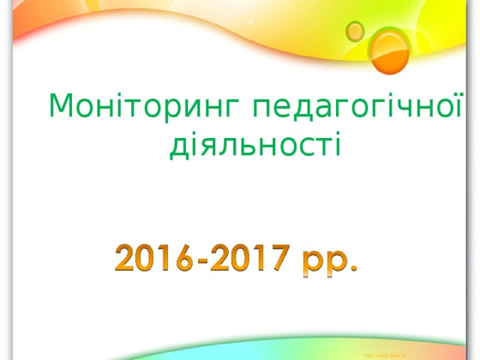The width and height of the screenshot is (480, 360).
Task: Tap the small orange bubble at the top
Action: point(355,30)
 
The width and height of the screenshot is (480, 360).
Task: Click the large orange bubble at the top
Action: point(391,51)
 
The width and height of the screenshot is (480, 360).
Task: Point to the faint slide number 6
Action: point(250,22)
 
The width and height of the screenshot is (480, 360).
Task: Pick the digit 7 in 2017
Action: point(277,259)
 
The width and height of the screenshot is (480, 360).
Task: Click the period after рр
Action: point(352,269)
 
